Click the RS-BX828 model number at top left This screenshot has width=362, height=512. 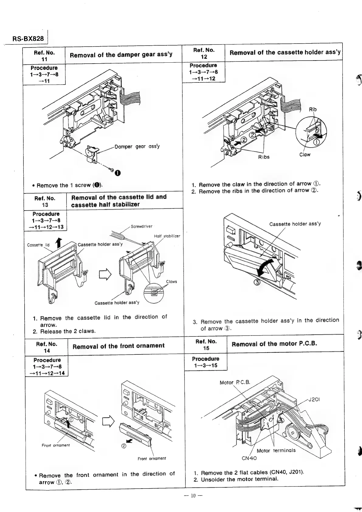coord(28,39)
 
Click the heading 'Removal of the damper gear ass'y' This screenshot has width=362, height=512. coord(121,55)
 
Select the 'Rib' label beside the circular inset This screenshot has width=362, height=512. coord(313,110)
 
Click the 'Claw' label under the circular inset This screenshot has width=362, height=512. coord(305,155)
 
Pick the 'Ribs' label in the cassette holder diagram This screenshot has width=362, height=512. coord(264,157)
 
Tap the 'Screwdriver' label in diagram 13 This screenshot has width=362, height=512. coord(141,226)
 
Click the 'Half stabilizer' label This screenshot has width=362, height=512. coord(167,236)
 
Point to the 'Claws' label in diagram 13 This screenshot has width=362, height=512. coord(171,281)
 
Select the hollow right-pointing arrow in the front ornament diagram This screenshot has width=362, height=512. coord(108,421)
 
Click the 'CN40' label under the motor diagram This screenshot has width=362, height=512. coord(249,458)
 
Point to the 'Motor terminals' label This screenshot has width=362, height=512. coord(276,451)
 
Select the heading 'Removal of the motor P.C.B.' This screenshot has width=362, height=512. coord(274,344)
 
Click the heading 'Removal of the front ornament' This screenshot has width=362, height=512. coord(119,346)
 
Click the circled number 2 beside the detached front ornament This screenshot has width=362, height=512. coord(124,446)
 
